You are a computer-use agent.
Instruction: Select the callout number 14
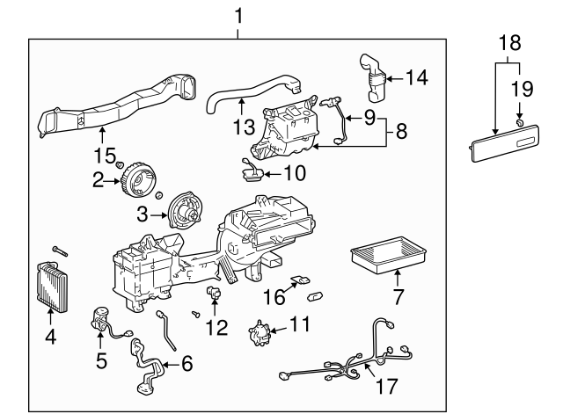[x=417, y=77]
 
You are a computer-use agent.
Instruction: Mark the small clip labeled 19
[x=521, y=112]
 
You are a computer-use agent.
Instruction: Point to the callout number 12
[x=216, y=328]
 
